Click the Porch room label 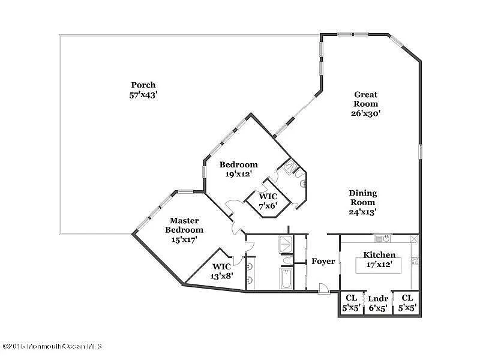click(143, 85)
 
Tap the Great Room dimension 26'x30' click(365, 113)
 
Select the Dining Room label click(363, 198)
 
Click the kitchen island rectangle click(378, 265)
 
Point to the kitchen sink click(383, 238)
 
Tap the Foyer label click(323, 261)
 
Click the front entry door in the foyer click(323, 289)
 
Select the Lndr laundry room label click(378, 298)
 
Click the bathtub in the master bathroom click(286, 278)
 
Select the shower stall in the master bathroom click(286, 244)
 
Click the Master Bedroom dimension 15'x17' click(184, 239)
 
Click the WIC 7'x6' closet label click(268, 201)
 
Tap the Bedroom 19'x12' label click(238, 169)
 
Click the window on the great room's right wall click(421, 152)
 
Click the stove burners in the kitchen click(415, 261)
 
